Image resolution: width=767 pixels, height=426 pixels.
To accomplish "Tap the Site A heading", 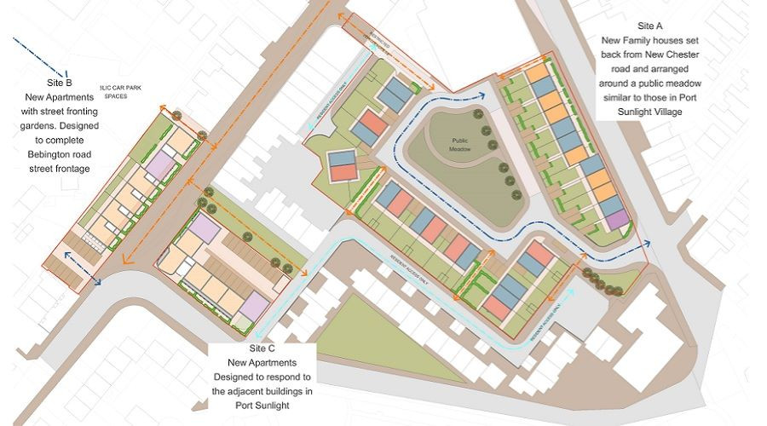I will (655, 26).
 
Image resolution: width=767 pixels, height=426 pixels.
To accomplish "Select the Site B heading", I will (57, 83).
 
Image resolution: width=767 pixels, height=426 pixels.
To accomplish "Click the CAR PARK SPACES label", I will (115, 91).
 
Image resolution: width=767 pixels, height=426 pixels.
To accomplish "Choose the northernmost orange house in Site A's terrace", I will (536, 72).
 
